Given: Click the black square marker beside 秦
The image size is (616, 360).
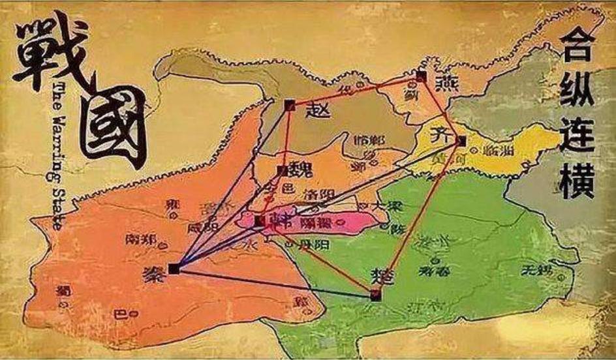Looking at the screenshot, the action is (x=174, y=268).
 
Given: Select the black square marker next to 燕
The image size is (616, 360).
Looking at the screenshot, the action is (x=421, y=76).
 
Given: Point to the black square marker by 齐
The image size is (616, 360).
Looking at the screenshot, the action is (x=461, y=140).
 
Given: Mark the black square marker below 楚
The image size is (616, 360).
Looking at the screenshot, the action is (x=375, y=295).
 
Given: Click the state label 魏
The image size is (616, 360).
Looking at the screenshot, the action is (x=300, y=170).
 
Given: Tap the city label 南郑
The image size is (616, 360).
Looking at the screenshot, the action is (x=140, y=239).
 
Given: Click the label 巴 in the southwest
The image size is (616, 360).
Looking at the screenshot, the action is (x=119, y=313).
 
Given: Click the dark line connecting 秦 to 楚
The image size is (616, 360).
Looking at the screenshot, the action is (x=274, y=282).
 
